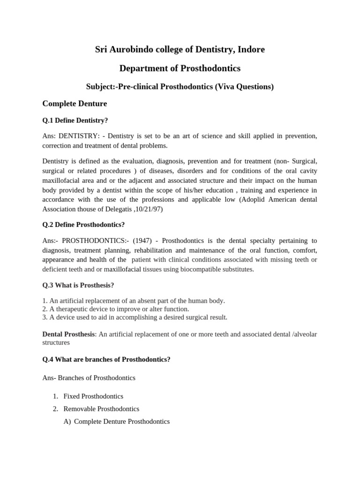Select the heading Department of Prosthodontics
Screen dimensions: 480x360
click(x=180, y=68)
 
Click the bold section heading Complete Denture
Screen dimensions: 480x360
click(x=75, y=104)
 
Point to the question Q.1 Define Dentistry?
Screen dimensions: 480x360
click(x=75, y=120)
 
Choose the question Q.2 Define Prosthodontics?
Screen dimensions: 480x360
click(x=83, y=225)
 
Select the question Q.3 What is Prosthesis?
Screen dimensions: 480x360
click(x=78, y=285)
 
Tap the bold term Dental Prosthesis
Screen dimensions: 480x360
click(x=68, y=334)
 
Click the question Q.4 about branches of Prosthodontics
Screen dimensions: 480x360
click(x=106, y=360)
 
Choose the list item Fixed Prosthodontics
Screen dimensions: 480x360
click(x=93, y=396)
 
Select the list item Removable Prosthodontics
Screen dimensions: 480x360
click(x=101, y=409)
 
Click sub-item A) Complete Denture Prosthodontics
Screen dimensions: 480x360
click(x=117, y=421)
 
